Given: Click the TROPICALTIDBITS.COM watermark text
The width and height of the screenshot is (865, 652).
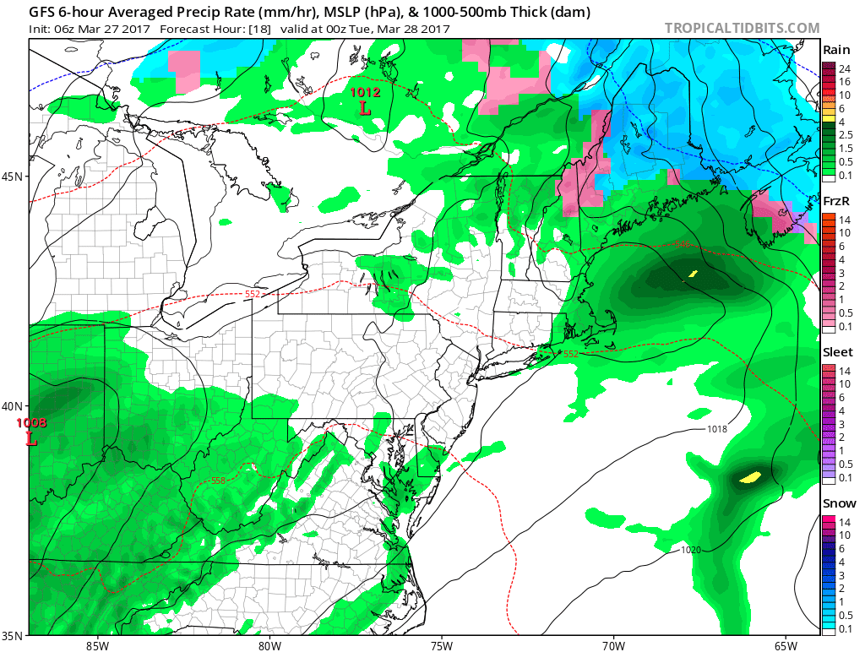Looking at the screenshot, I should pos(742,28).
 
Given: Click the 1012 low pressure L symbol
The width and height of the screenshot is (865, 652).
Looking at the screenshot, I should pos(365,108).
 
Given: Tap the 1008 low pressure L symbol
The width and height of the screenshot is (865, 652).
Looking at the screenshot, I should pos(31,439).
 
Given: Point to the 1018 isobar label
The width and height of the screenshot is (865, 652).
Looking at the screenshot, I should pos(716,429).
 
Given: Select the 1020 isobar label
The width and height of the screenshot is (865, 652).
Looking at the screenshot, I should pos(690,550).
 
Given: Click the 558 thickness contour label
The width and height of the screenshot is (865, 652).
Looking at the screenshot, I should pos(218,481).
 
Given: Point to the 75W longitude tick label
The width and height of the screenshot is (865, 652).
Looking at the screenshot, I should pos(441,646).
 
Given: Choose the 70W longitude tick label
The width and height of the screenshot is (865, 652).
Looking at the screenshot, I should pos(613,646).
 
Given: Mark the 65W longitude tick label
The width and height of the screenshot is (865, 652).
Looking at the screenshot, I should pos(786,646).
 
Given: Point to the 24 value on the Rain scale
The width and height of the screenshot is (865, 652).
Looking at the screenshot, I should pos(843,68).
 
